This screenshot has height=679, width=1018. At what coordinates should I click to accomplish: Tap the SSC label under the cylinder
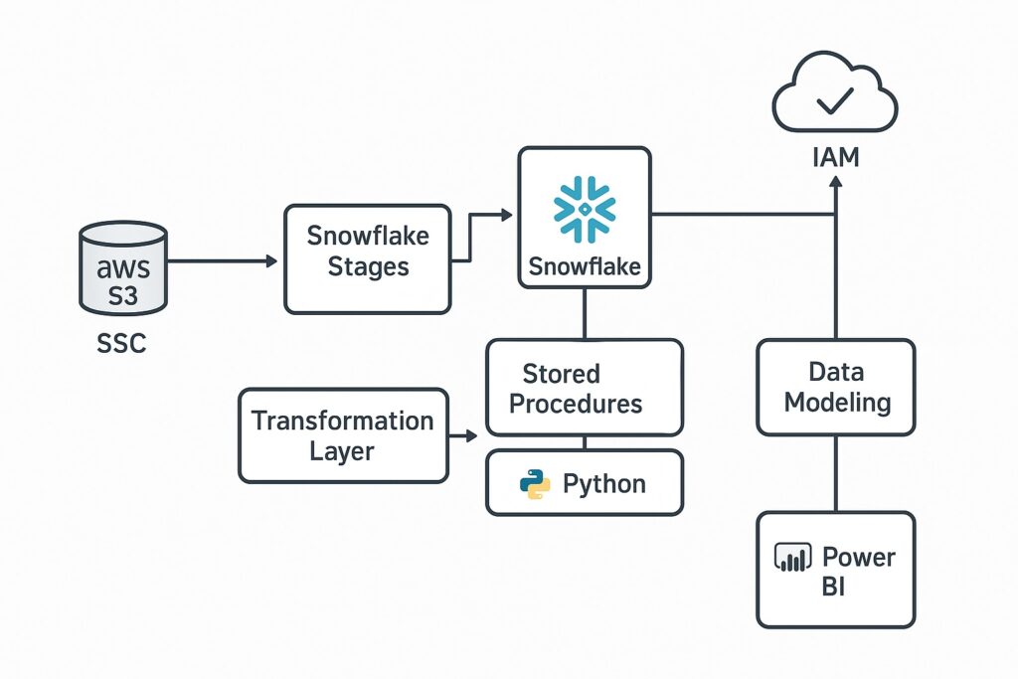[x=122, y=343]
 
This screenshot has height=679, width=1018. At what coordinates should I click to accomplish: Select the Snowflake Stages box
[x=368, y=258]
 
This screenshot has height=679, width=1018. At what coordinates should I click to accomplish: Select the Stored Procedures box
[x=584, y=388]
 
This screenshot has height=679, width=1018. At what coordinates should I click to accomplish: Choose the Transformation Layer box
[x=342, y=435]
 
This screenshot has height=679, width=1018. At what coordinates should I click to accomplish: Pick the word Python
[x=604, y=484]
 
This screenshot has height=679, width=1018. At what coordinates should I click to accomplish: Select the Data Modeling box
[x=836, y=388]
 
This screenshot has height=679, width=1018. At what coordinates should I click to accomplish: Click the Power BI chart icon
[x=793, y=558]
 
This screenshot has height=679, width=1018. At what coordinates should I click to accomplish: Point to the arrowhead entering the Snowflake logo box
[x=506, y=214]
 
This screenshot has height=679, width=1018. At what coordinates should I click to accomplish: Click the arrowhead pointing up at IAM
[x=835, y=188]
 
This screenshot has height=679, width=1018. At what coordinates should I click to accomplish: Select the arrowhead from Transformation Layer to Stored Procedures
[x=472, y=435]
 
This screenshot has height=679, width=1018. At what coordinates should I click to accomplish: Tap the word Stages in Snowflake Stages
[x=368, y=268]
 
